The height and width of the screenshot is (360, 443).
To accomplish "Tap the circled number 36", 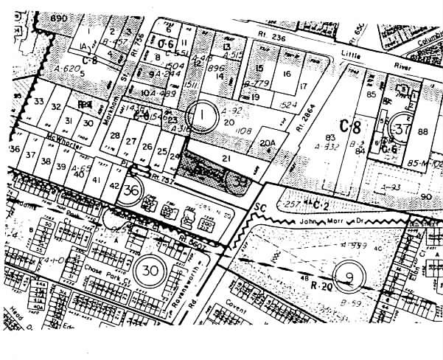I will point(132,190).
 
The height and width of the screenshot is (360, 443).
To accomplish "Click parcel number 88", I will point(422,132).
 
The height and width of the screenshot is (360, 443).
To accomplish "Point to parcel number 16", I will point(286,74).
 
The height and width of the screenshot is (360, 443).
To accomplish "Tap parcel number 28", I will point(114,136).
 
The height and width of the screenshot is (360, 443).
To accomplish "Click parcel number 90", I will point(425,196).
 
